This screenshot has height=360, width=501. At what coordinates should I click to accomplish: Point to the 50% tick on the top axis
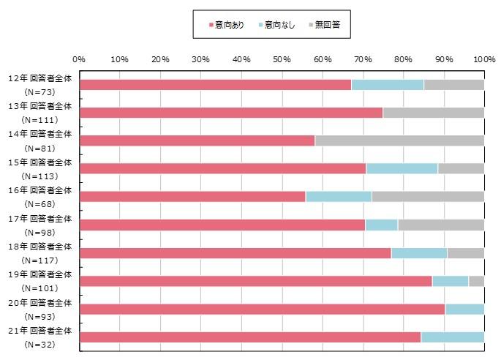click(x=282, y=58)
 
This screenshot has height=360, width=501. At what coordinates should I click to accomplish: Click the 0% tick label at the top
click(x=80, y=58)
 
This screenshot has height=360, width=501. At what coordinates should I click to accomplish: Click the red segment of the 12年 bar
click(x=215, y=85)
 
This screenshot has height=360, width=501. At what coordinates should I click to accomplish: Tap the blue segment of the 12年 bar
click(x=388, y=85)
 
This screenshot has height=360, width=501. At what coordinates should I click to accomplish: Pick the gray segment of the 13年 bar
click(x=433, y=113)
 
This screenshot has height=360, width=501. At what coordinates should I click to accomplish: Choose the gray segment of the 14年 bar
click(x=399, y=140)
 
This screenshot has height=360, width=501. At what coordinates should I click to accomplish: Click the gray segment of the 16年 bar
click(x=428, y=197)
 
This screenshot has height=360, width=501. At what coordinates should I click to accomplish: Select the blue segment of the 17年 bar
click(x=381, y=225)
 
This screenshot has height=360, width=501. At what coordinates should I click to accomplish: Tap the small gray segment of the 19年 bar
click(x=476, y=281)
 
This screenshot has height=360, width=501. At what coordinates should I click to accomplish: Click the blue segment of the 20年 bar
click(x=464, y=309)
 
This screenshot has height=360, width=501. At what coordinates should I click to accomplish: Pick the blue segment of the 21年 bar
click(x=452, y=337)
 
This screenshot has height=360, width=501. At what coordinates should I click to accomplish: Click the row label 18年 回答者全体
click(x=40, y=246)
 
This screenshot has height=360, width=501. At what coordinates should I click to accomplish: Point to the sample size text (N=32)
click(x=40, y=344)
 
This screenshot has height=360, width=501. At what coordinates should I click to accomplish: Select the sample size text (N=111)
click(x=40, y=119)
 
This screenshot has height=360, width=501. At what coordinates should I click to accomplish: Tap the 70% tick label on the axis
click(x=362, y=58)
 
